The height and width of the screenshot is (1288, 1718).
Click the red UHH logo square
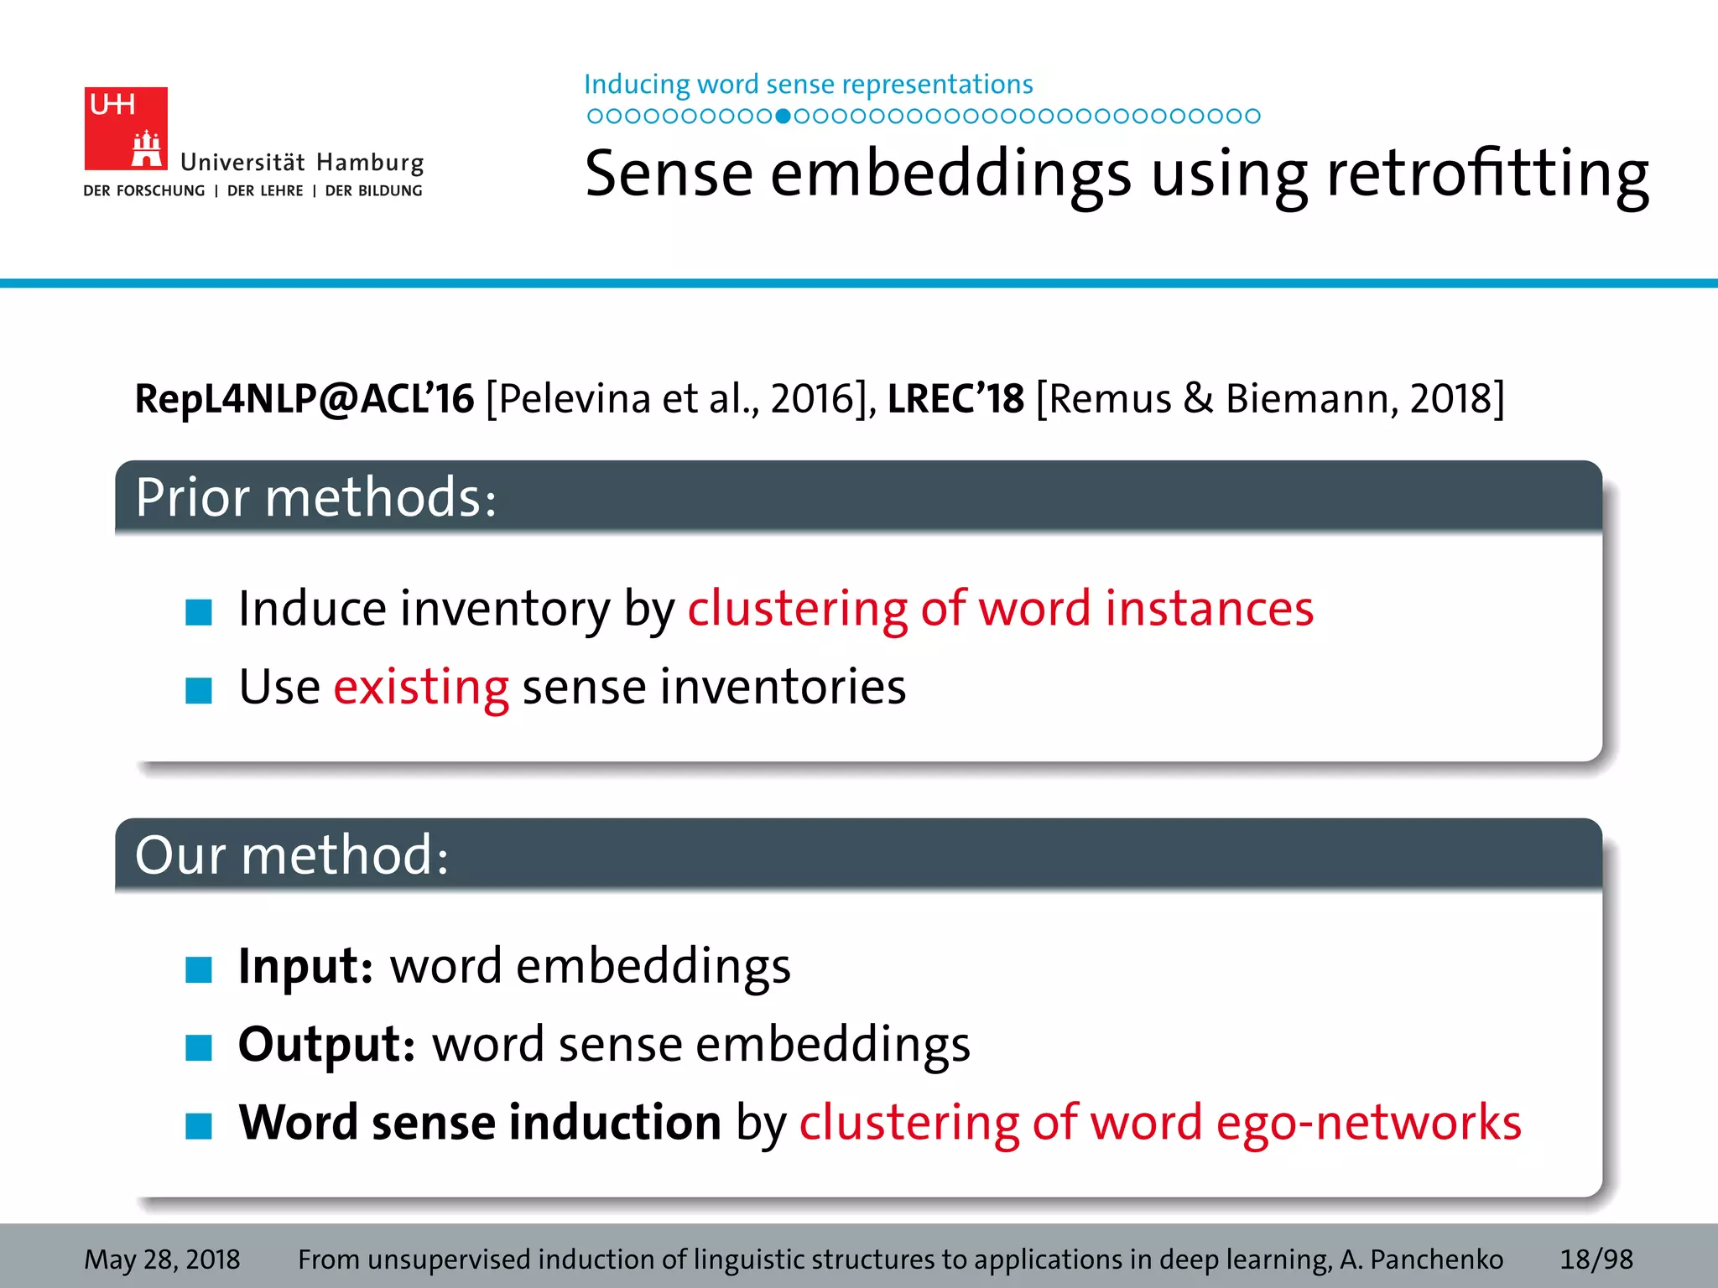point(126,128)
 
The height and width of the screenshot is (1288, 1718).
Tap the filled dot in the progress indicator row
point(783,117)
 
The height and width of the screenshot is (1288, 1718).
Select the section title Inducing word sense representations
point(808,85)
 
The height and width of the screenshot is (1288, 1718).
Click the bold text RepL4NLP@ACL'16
point(305,398)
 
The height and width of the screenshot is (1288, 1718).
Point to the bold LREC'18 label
point(955,398)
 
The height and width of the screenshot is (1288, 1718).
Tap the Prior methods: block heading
point(316,497)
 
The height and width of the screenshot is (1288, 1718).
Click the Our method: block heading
point(292,855)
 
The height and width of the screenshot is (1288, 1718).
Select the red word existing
point(421,687)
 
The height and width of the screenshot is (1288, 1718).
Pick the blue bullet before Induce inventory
point(199,612)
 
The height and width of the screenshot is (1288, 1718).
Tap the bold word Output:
point(326,1044)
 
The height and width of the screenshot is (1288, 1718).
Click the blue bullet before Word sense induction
point(199,1126)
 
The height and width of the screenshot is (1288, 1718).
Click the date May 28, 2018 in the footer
point(162,1259)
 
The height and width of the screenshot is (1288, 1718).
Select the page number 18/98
point(1596,1259)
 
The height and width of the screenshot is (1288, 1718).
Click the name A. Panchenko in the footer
point(1421,1259)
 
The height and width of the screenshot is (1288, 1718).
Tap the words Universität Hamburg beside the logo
point(302,162)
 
